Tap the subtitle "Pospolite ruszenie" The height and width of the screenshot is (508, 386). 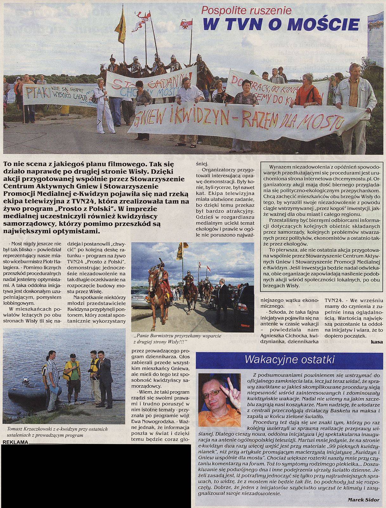(246, 10)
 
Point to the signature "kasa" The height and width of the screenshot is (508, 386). (374, 341)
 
